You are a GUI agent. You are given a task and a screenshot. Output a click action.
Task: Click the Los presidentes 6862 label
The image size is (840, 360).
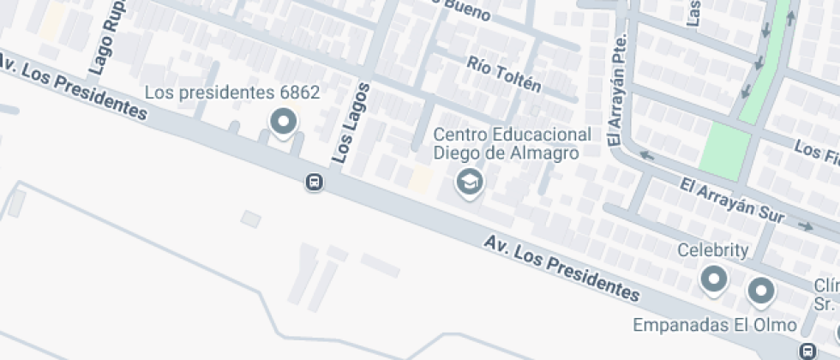tap(231, 93)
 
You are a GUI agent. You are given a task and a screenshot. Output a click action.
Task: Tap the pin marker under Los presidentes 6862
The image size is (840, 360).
tap(283, 123)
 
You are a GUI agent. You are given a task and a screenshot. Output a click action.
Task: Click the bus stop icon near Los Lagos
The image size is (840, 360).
tap(315, 182)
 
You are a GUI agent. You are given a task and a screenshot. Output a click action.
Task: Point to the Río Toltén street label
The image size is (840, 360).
tap(504, 74)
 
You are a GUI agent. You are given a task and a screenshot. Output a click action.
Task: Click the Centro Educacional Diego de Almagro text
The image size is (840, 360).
tap(512, 143)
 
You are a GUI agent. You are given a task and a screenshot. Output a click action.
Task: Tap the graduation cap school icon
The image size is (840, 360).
tap(468, 181)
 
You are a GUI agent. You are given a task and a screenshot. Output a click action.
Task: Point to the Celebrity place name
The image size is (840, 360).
tap(713, 250)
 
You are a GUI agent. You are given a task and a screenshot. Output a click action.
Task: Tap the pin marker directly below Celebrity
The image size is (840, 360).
tap(713, 279)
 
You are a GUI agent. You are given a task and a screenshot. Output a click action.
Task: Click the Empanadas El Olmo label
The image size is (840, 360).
tap(715, 326)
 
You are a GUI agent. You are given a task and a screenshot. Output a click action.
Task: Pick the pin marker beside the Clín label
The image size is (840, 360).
tap(760, 291)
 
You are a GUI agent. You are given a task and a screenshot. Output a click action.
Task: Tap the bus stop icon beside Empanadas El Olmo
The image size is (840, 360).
tap(807, 350)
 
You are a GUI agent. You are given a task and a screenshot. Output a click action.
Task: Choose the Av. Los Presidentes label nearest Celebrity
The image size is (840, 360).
tap(562, 268)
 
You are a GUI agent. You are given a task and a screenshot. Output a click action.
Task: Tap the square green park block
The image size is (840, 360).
tap(724, 152)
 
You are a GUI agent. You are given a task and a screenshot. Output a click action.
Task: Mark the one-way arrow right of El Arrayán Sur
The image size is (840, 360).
tap(805, 226)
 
